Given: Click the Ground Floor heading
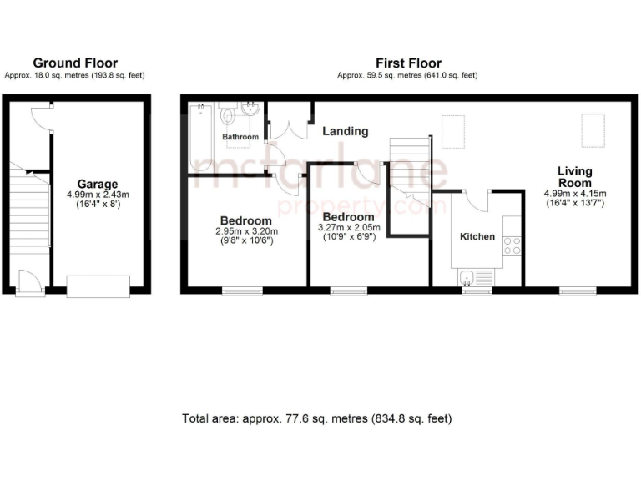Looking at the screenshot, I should [x=74, y=63].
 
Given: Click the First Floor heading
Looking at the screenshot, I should [x=407, y=63].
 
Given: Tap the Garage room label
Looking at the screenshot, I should [x=98, y=184].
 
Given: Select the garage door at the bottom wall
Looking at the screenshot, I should [x=98, y=286].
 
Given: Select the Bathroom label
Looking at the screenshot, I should [x=240, y=136].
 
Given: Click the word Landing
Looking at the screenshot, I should [x=345, y=131].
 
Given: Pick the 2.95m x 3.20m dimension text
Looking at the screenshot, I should [x=245, y=231].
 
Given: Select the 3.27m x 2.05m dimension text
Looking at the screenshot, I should [x=351, y=227].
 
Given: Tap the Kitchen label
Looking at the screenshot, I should [x=477, y=236].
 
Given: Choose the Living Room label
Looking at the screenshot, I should [x=574, y=177].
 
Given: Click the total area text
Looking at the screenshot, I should [x=317, y=418].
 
